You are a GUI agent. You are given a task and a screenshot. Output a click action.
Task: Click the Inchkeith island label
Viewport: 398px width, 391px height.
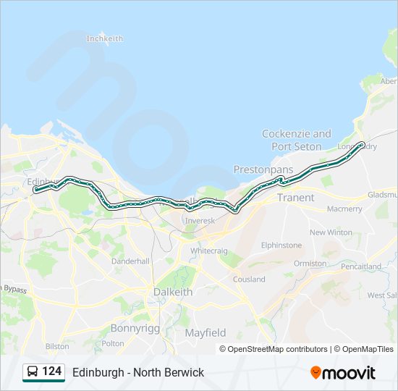coord(105,38)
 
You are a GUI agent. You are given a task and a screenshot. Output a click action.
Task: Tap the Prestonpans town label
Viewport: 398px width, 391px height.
coord(263,169)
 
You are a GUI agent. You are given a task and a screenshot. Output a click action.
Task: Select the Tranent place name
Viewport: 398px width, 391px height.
coord(295,197)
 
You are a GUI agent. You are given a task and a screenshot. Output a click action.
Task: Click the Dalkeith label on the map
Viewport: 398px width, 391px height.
coord(173,292)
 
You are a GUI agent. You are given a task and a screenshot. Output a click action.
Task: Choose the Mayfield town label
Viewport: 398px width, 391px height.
coord(206,333)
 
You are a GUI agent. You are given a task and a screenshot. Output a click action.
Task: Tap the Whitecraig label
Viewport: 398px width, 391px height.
coord(208,251)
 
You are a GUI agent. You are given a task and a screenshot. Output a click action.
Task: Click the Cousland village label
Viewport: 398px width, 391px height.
coord(249,279)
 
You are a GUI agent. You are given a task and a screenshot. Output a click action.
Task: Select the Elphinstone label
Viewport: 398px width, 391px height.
coord(281,245)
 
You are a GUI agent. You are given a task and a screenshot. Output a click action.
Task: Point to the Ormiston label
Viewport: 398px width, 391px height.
coord(310,264)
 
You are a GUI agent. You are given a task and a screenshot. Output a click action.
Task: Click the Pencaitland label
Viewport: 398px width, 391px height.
coord(361,266)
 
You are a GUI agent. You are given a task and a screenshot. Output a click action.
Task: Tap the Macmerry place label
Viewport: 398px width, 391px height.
coord(344,209)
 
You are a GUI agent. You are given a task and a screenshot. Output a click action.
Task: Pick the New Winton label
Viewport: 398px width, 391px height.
coord(331,232)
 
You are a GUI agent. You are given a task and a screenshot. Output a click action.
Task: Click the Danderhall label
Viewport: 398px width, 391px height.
coord(131,261)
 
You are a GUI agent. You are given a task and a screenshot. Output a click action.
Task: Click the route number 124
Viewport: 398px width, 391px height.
coord(51,371)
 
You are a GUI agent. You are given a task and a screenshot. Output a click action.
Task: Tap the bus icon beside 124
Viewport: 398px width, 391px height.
coord(33,372)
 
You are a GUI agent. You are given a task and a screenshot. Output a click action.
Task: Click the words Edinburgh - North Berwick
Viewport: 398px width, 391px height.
coord(138,372)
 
